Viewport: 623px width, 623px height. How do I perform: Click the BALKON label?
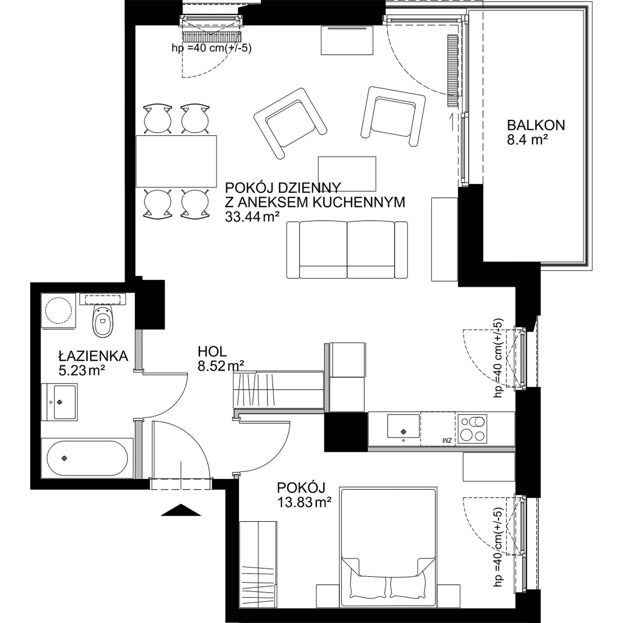[x=536, y=125]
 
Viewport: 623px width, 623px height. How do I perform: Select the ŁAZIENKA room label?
[x=93, y=356]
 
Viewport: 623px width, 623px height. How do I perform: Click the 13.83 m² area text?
[x=305, y=502]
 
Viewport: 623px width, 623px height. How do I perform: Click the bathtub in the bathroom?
[x=88, y=458]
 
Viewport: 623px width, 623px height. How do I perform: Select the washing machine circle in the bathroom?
[x=58, y=311]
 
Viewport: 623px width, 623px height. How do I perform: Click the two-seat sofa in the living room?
[x=347, y=250]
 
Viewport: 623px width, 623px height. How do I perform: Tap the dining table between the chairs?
[x=176, y=161]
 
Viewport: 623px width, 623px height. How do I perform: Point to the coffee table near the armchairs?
[x=347, y=174]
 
